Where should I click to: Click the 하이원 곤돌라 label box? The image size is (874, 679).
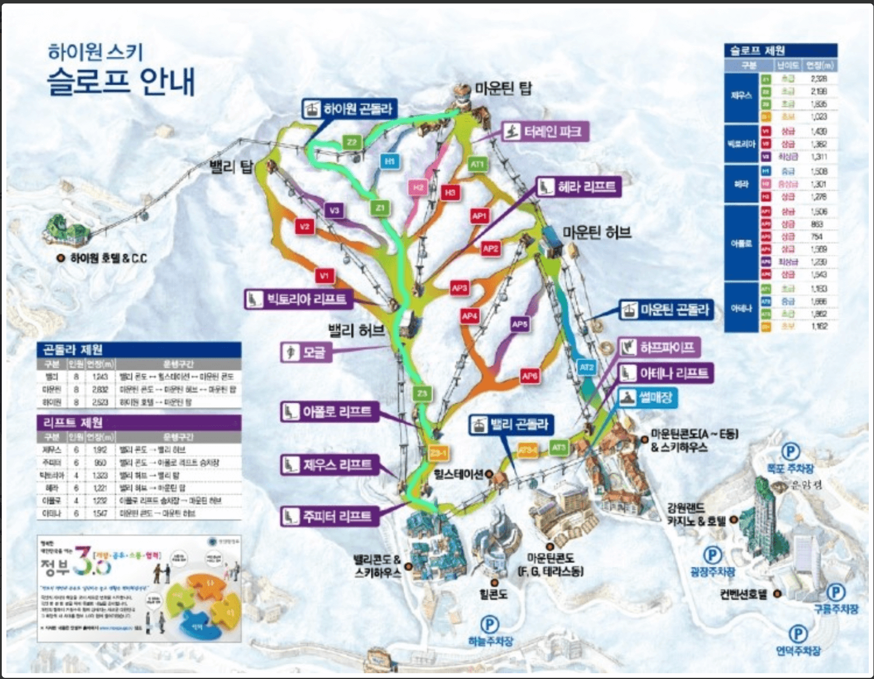tap(350, 109)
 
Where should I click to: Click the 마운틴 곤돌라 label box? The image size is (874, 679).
tap(666, 310)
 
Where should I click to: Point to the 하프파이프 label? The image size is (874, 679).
tap(659, 348)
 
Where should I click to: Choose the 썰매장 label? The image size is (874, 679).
tap(647, 398)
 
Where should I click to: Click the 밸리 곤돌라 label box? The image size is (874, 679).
tap(511, 425)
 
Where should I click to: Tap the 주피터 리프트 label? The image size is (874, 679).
tap(329, 516)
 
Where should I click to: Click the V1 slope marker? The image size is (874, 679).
tap(325, 275)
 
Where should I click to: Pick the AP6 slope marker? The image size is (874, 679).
tap(530, 376)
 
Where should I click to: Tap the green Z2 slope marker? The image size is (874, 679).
tap(351, 142)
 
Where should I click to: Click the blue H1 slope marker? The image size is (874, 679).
tap(390, 161)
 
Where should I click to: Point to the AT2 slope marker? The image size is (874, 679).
tap(587, 367)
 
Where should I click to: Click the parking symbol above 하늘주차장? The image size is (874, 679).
tap(489, 625)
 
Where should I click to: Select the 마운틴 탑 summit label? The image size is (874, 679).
tap(503, 89)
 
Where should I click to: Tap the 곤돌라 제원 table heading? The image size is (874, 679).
tap(73, 349)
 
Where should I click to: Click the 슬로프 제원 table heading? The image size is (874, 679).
tap(757, 51)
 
